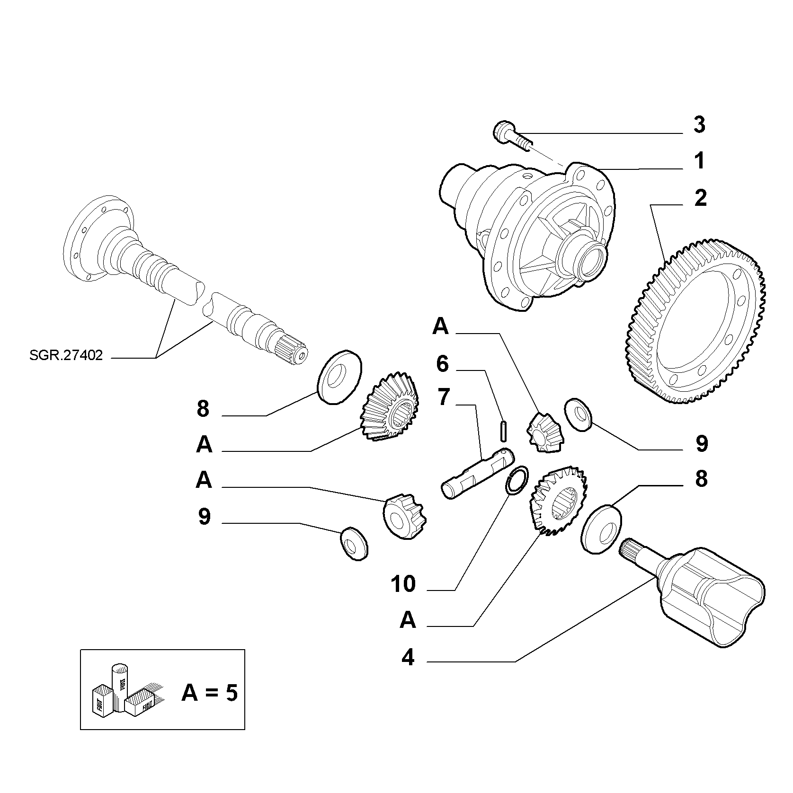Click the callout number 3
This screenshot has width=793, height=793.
pyautogui.click(x=699, y=125)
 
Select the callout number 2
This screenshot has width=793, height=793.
pyautogui.click(x=700, y=198)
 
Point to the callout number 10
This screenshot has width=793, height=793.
pyautogui.click(x=404, y=585)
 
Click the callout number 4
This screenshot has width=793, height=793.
pyautogui.click(x=408, y=658)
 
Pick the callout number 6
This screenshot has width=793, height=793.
pyautogui.click(x=442, y=364)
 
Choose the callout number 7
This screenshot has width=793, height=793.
pyautogui.click(x=443, y=398)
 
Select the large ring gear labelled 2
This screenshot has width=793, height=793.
pyautogui.click(x=693, y=322)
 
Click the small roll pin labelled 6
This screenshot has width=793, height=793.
pyautogui.click(x=504, y=431)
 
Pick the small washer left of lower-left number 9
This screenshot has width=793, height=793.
pyautogui.click(x=354, y=544)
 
